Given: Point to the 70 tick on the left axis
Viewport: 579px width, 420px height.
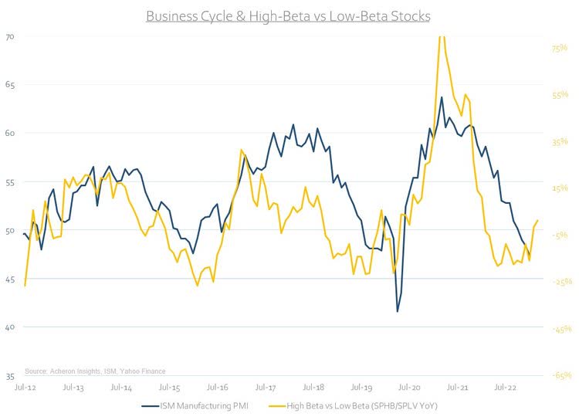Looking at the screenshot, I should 10,36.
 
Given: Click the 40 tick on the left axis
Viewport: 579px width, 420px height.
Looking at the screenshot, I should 10,327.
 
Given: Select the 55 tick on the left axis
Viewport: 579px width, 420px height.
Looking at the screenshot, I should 10,181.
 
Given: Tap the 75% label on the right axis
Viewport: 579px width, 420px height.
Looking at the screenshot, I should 559,48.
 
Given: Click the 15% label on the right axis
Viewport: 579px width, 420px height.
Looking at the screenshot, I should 559,188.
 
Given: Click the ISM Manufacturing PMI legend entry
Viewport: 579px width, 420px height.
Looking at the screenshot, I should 195,405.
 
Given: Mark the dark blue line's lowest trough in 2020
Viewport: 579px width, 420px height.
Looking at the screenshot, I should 398,312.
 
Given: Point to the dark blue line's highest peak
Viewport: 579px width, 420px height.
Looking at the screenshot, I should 442,97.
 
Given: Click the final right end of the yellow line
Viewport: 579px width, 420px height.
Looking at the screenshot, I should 537,221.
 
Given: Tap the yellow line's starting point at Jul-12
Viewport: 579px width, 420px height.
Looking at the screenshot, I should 25,286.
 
